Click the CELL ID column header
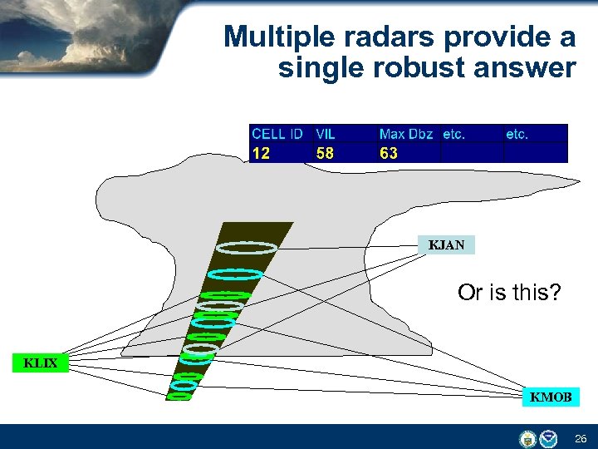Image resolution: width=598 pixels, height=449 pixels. click(x=277, y=134)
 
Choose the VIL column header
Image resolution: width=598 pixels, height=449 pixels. click(x=325, y=134)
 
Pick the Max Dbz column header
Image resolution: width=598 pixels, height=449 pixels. click(x=406, y=134)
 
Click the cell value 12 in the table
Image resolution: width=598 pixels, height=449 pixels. click(x=261, y=153)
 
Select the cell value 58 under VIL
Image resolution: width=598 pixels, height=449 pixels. click(x=325, y=153)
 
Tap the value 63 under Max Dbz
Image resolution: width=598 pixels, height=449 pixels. click(x=389, y=153)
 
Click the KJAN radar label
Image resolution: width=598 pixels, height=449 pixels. click(x=446, y=245)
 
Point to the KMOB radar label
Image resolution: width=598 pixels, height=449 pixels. click(x=551, y=397)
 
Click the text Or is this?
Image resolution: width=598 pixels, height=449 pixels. click(x=509, y=293)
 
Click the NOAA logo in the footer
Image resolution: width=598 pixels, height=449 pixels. click(x=549, y=438)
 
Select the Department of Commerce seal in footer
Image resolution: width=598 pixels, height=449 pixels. click(x=527, y=438)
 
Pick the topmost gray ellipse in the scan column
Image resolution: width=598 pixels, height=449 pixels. click(x=246, y=247)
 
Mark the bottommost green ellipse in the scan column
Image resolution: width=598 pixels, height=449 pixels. click(x=179, y=396)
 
